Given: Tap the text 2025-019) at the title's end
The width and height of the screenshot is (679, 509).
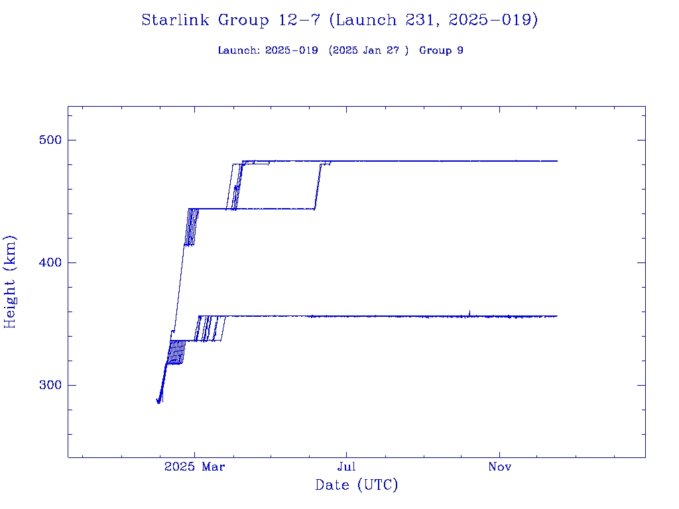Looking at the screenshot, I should coord(493,21).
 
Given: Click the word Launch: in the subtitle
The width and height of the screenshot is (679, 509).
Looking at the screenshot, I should coord(239,51).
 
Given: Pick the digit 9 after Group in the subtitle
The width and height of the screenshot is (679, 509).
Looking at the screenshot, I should coord(460,51).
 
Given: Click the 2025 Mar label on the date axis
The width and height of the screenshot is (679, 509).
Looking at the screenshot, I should coord(195,467).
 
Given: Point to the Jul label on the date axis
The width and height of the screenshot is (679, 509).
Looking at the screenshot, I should coord(346,467).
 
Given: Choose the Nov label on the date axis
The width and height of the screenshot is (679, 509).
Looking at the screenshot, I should coord(499,467).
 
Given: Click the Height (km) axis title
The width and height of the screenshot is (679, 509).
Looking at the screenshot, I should coord(11,282).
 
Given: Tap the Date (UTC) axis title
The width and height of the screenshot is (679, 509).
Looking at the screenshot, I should coord(357,486).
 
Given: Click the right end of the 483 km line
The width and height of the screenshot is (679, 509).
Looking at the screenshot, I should coord(556,161).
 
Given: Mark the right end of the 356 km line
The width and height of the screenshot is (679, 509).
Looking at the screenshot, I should coord(556,316).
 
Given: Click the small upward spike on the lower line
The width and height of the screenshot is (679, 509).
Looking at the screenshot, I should coord(469,311).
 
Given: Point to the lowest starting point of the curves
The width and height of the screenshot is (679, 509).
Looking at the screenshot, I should coord(158,402).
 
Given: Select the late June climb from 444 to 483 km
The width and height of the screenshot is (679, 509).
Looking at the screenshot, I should coord(318,186).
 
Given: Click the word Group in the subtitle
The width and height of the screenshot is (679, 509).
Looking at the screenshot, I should coord(436,51).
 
